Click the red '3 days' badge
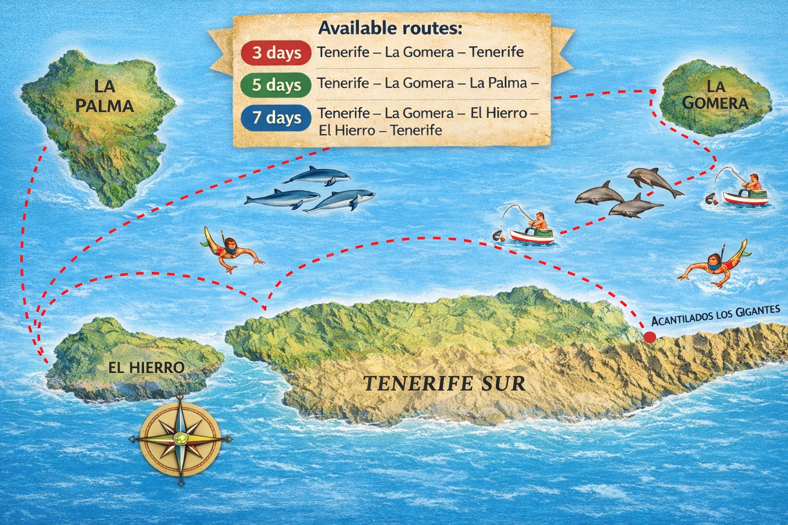276,53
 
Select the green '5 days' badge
276,85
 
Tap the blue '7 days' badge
276,117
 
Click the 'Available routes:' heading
390,28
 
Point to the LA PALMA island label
104,96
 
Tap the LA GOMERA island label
715,95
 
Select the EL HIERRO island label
146,367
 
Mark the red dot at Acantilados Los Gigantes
649,337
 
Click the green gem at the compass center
180,439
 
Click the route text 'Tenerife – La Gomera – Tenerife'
420,52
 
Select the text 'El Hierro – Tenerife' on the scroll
380,130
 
